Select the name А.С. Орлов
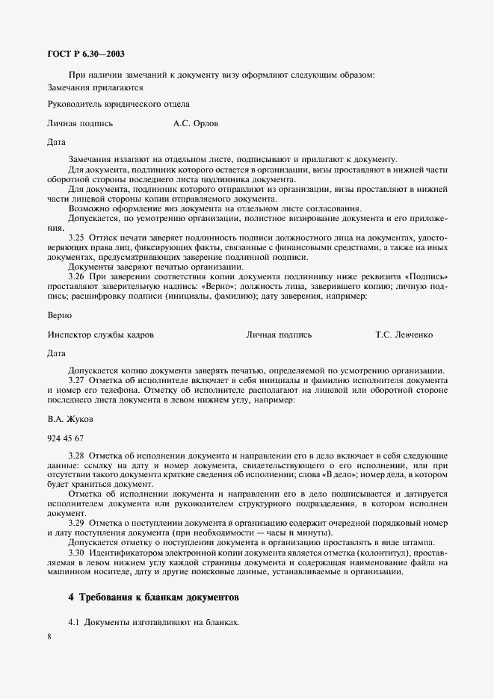(196, 123)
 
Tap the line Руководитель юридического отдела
(118, 104)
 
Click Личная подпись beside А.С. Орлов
(80, 123)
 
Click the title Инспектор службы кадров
(100, 335)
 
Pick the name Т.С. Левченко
(404, 335)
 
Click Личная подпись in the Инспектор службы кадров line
(279, 335)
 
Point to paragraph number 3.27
(76, 380)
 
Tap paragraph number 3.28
(76, 455)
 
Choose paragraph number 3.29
(76, 524)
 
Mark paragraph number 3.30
(76, 553)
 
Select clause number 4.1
(74, 622)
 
